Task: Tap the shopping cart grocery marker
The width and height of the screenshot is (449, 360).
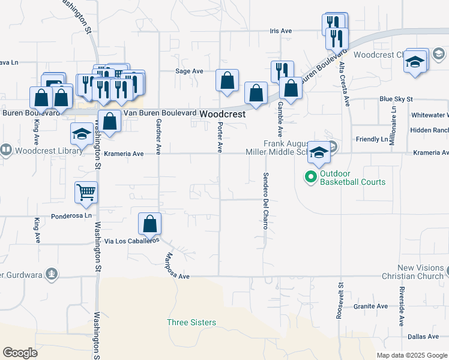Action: pos(86,192)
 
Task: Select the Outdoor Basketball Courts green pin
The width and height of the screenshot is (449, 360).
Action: pos(311,177)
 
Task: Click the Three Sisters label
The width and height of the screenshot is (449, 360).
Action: pos(191,323)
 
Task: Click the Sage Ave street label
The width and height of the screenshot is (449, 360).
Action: pos(189,71)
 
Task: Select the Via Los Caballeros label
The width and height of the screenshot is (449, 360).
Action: pos(131,241)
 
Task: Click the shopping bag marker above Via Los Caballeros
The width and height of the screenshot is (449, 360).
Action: pos(149,224)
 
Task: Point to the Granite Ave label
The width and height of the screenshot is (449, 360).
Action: pos(370,306)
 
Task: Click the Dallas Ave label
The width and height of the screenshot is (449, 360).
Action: pos(423,337)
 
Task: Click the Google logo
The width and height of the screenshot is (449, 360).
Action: pos(20,353)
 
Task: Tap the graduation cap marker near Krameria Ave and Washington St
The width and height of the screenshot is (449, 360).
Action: pos(82,134)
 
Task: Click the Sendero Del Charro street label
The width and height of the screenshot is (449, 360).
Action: pos(264,201)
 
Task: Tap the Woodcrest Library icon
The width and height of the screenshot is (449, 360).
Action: pos(6,150)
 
